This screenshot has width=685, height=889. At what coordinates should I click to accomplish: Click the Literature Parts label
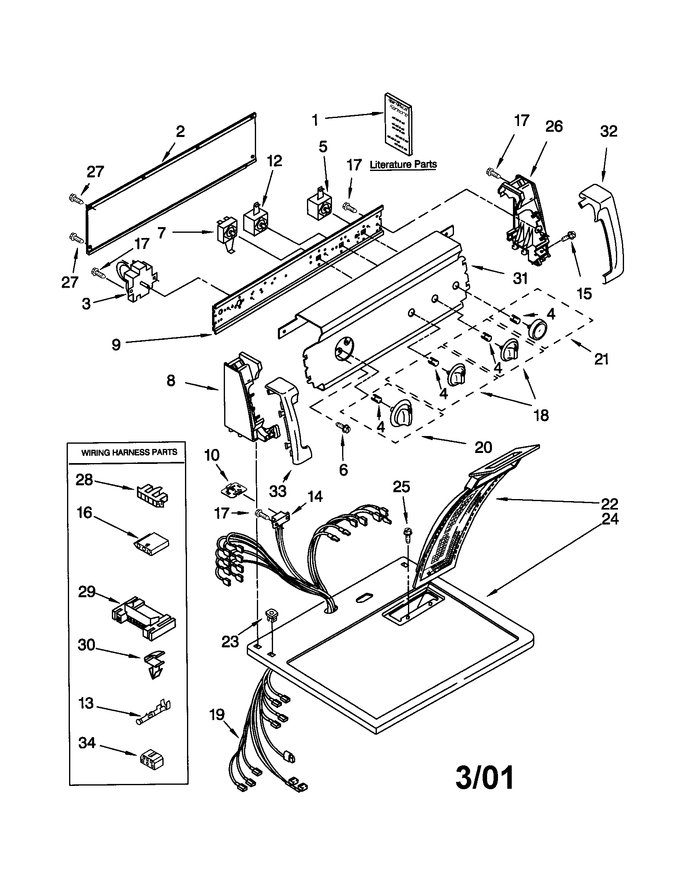[x=403, y=164]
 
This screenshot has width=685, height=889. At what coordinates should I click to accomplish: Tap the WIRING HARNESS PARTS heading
[x=129, y=452]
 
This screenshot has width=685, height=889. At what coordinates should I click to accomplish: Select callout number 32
[x=608, y=131]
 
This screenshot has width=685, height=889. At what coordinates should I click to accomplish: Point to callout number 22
[x=609, y=504]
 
